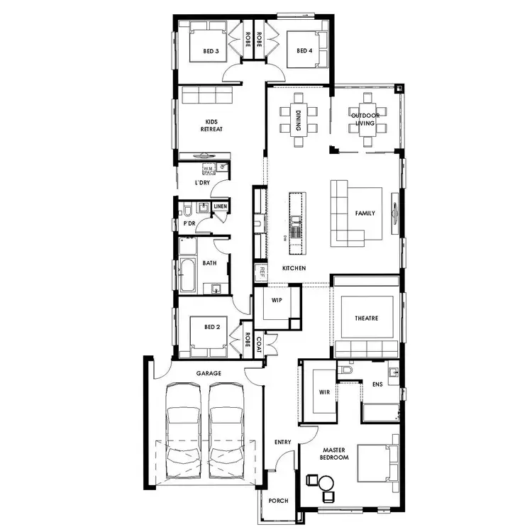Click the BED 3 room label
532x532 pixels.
point(211,51)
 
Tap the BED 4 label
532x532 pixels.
point(304,51)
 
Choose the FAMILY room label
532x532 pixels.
point(365,214)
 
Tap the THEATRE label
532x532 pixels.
point(367,318)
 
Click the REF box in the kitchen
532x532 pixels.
point(261,272)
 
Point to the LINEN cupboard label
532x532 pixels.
point(220,206)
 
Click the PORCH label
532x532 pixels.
point(279,501)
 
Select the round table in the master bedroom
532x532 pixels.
point(326,484)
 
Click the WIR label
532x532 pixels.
point(325,392)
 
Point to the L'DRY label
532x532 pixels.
point(202,183)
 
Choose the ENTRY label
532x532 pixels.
point(282,443)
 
